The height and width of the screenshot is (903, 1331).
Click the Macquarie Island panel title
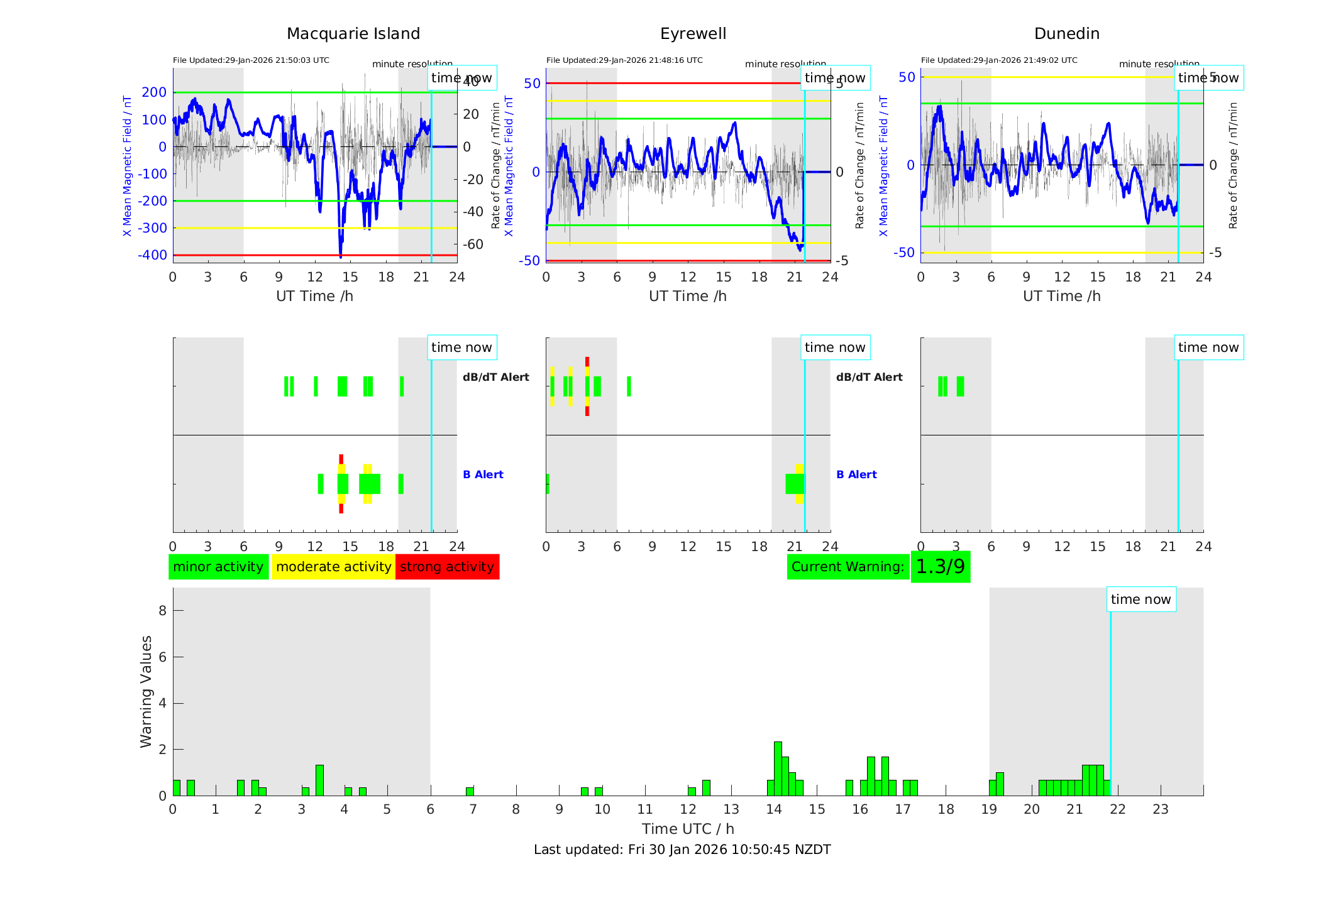click(353, 34)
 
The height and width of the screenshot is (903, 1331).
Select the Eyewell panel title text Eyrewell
click(693, 34)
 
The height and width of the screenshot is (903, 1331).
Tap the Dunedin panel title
click(1066, 34)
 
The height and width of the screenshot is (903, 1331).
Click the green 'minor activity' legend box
click(218, 567)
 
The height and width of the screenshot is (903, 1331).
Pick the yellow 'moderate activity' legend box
click(333, 567)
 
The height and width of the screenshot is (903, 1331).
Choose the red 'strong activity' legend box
click(447, 567)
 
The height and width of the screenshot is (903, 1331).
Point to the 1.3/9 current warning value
click(940, 567)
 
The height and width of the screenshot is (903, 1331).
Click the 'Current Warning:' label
click(848, 567)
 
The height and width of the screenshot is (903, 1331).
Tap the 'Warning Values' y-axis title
click(146, 691)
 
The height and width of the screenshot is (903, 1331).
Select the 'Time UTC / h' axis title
click(688, 829)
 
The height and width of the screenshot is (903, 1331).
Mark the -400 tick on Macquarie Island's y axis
click(153, 255)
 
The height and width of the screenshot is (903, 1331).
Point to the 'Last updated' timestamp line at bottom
click(682, 850)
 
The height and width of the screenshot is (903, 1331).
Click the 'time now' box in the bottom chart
click(1140, 599)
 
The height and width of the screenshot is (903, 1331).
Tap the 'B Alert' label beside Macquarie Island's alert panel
click(483, 474)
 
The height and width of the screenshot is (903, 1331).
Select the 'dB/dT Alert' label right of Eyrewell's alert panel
click(869, 377)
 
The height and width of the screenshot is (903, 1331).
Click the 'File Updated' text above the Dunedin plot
click(999, 60)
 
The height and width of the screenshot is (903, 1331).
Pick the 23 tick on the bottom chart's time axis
click(1161, 809)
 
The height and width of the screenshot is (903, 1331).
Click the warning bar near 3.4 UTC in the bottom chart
click(319, 780)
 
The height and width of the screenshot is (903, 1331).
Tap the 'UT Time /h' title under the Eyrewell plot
click(688, 296)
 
